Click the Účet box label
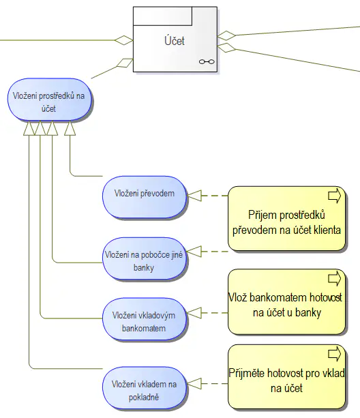point(174,41)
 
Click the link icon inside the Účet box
point(206,62)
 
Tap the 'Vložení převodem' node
point(144,194)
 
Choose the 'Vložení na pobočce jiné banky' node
point(144,260)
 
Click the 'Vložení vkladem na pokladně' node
point(144,390)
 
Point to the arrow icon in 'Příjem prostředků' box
point(335,196)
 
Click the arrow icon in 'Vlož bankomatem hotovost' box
point(335,279)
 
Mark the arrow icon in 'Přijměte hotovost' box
point(335,354)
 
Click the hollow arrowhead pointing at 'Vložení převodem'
point(194,196)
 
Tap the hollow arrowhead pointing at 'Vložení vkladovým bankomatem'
point(194,313)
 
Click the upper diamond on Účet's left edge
point(124,40)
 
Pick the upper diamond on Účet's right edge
point(226,35)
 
